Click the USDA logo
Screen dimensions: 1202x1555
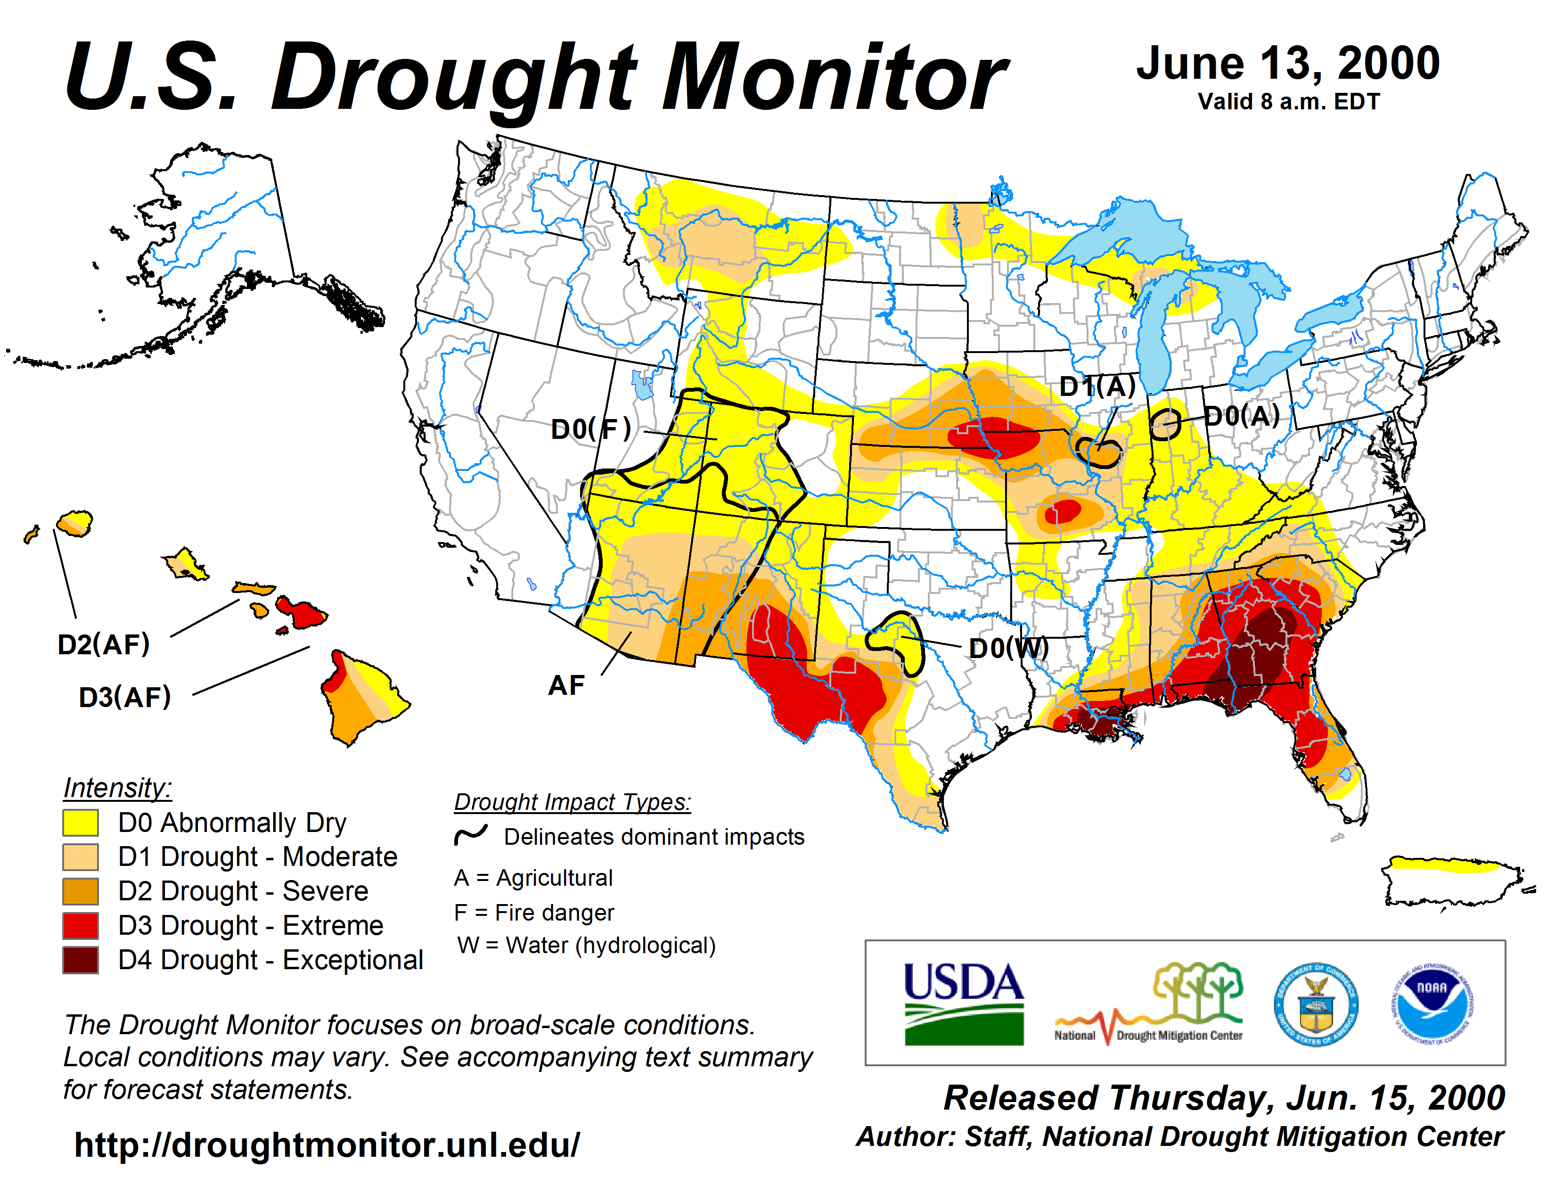click(x=963, y=1004)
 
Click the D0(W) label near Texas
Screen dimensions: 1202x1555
click(x=1009, y=648)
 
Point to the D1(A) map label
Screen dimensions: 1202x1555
click(x=1097, y=387)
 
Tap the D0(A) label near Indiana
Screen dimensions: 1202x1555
click(x=1241, y=416)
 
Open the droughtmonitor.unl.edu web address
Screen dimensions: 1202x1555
click(x=327, y=1145)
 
